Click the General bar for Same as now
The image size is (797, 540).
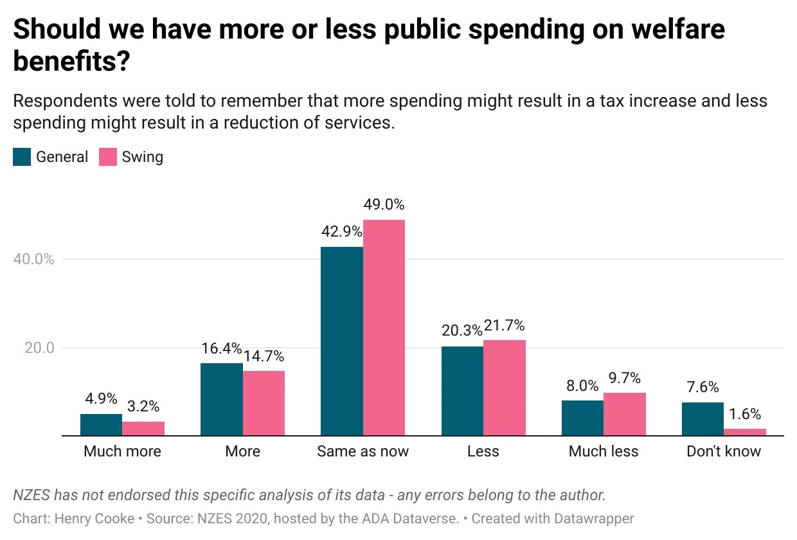point(341,341)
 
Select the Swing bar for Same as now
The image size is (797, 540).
point(384,327)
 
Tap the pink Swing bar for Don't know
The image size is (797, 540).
point(745,432)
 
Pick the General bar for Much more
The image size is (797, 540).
point(101,425)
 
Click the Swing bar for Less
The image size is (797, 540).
point(504,388)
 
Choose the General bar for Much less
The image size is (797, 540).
point(582,418)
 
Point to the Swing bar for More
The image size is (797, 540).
point(264,403)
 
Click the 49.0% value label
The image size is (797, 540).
point(384,205)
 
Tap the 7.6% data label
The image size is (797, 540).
point(703,387)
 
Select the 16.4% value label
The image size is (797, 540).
point(221,348)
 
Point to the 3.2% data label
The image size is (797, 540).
point(143,406)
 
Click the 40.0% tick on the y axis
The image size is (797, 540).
point(33,259)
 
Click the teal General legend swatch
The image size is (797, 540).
point(22,157)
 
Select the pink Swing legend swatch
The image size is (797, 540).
point(107,157)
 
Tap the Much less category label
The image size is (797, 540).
point(604,451)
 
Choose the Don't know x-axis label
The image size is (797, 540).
point(724,451)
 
